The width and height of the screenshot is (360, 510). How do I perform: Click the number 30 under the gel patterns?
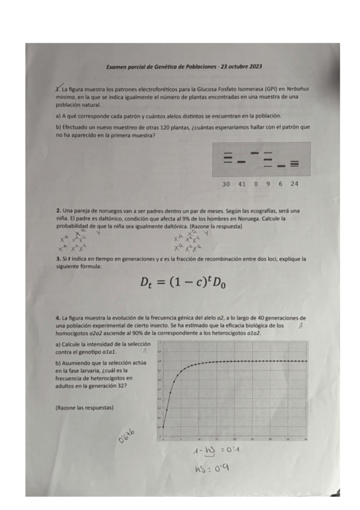[226, 183]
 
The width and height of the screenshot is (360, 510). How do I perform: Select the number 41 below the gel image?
[242, 183]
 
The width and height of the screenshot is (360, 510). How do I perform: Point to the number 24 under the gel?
[294, 183]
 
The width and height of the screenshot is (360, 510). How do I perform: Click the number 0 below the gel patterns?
[256, 183]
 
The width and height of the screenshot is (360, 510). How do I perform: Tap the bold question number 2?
[57, 210]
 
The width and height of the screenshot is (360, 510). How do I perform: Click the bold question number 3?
[57, 259]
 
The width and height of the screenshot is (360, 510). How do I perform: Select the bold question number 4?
[57, 317]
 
